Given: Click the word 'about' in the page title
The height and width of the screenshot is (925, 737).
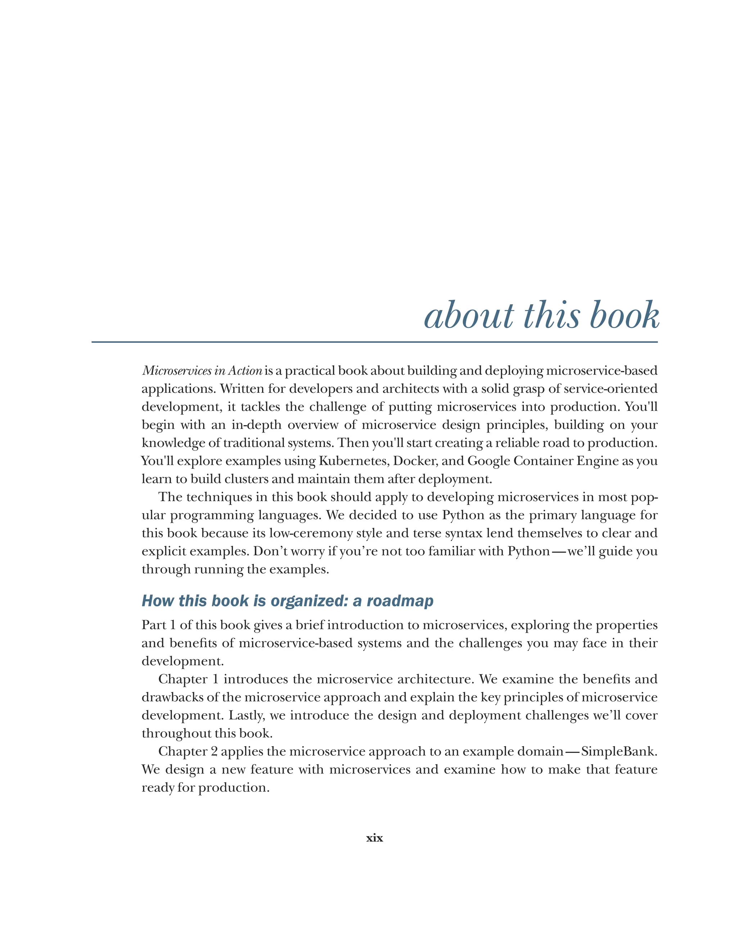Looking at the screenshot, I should click(x=468, y=316).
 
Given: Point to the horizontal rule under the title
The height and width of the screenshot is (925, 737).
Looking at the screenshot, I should click(x=374, y=342).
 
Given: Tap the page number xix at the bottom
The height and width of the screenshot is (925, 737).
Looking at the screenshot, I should click(x=374, y=838).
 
